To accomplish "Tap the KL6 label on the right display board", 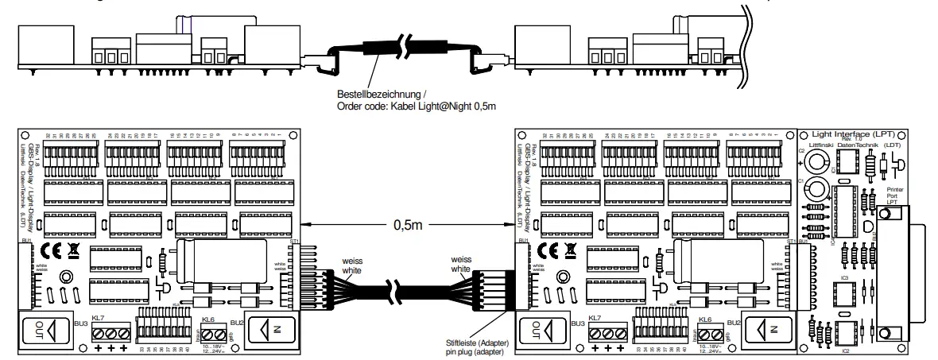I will (705, 318).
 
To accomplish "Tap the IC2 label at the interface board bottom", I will (845, 349).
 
